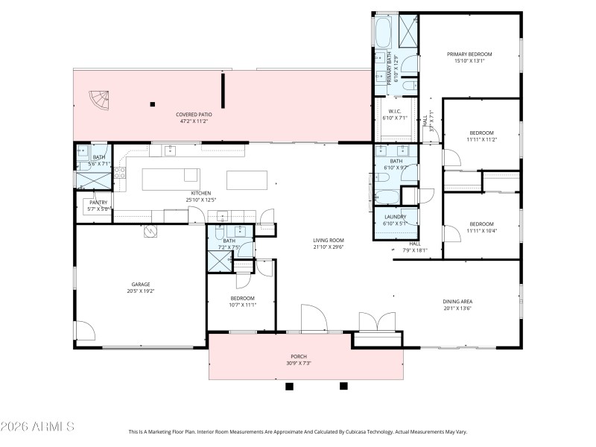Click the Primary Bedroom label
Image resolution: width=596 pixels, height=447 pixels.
pyautogui.click(x=469, y=54)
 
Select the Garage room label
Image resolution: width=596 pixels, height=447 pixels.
pyautogui.click(x=141, y=284)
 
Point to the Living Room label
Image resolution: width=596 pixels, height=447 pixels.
pyautogui.click(x=328, y=241)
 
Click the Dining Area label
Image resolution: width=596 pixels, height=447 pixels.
pyautogui.click(x=458, y=302)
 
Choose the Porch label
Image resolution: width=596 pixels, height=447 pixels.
pyautogui.click(x=298, y=357)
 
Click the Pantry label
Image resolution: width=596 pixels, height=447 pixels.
pyautogui.click(x=98, y=202)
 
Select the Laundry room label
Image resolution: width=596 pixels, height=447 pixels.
pyautogui.click(x=395, y=217)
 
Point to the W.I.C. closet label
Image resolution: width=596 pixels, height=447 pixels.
pyautogui.click(x=395, y=111)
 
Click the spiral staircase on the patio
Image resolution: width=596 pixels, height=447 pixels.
pyautogui.click(x=98, y=99)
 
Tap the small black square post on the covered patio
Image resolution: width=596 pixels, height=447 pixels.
pyautogui.click(x=153, y=104)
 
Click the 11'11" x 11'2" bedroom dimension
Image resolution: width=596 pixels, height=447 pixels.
pyautogui.click(x=481, y=139)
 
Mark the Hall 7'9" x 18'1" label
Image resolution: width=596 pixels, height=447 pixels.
pyautogui.click(x=415, y=247)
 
